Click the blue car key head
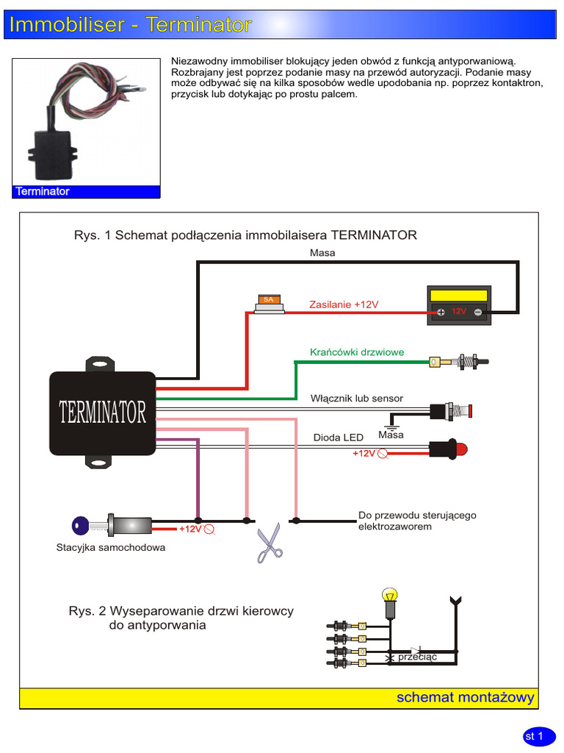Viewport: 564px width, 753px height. tap(80, 525)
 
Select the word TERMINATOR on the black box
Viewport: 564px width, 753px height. tap(103, 413)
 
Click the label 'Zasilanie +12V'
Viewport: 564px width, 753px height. tap(344, 304)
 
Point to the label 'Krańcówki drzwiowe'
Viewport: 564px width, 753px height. tap(357, 352)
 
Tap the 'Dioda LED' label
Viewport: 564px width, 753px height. tap(338, 438)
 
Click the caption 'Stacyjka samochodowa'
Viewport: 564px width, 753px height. tap(111, 547)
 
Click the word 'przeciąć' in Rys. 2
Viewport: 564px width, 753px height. tap(417, 657)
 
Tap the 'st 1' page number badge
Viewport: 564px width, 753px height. tap(534, 735)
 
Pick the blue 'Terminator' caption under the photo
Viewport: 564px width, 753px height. tap(43, 191)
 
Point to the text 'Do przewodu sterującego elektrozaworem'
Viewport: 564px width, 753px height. tap(416, 521)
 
